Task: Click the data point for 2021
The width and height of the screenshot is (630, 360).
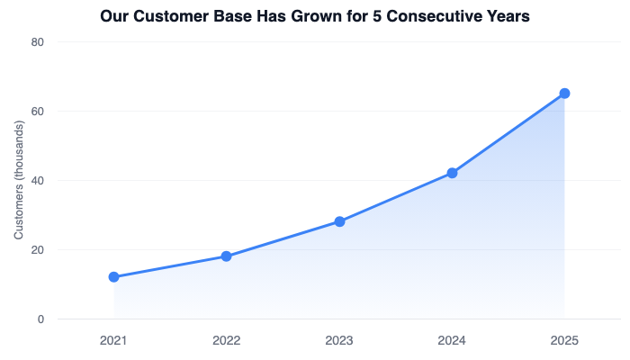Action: point(113,277)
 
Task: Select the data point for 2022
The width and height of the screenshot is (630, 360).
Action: point(226,256)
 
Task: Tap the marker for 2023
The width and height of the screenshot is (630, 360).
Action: point(339,221)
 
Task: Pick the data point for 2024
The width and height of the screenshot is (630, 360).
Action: point(452,173)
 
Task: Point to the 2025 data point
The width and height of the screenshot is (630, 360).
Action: point(564,94)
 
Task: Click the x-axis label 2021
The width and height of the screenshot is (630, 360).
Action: point(113,341)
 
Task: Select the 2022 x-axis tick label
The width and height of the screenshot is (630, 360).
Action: point(226,341)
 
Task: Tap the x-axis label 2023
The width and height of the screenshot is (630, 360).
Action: point(339,341)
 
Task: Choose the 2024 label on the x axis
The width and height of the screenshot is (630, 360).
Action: point(452,341)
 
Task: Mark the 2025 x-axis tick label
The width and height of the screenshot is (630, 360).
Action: point(564,341)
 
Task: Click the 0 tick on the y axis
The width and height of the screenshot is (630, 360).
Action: point(41,319)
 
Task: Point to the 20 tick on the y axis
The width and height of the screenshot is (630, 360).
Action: point(39,250)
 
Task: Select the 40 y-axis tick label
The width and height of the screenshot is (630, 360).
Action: point(39,181)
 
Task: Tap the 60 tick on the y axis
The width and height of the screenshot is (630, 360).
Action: point(39,112)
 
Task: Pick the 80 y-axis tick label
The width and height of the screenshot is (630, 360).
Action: point(39,42)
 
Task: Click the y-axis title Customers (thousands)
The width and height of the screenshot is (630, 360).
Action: point(18,180)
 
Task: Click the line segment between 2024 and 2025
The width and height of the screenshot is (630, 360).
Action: point(508,133)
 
